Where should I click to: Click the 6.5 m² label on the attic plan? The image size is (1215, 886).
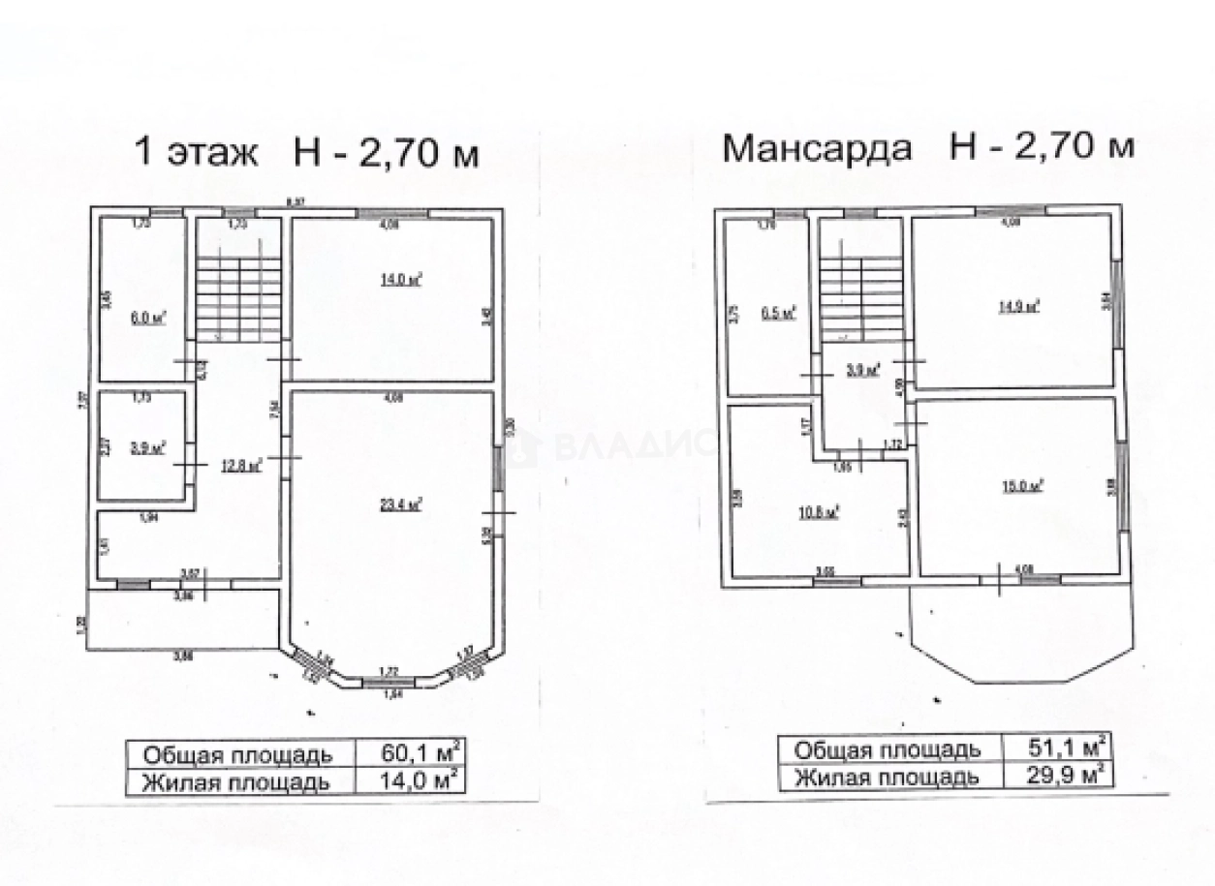pos(778,312)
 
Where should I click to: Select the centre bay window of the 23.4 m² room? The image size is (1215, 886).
pos(387,684)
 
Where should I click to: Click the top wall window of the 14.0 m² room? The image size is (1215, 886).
pos(392,213)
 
